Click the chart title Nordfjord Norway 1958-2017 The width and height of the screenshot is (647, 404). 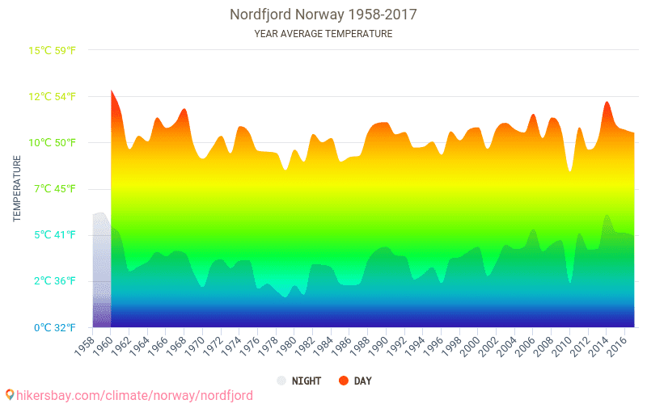point(323,15)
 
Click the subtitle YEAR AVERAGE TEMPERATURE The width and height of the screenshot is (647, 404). point(323,34)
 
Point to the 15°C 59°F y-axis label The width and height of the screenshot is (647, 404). point(53,51)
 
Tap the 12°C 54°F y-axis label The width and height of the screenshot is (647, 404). point(53,97)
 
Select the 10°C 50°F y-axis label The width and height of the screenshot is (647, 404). point(53,143)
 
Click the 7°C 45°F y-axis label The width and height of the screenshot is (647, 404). point(54,189)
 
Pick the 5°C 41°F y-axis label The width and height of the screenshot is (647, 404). point(54,235)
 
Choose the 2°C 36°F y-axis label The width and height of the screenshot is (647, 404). point(54,281)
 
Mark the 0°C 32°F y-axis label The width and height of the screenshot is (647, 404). point(54,327)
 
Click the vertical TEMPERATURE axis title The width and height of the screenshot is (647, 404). point(17,189)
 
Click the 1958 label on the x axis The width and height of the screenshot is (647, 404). point(83,343)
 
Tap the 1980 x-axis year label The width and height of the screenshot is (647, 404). point(285,343)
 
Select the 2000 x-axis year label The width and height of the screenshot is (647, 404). point(469,343)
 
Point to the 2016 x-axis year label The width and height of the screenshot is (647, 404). point(616,343)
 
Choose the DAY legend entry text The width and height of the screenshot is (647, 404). point(363,381)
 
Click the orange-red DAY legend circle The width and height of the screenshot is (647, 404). point(344,381)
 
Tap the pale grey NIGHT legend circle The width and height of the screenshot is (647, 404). point(281,381)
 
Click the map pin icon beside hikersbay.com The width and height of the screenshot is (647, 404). point(9,395)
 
